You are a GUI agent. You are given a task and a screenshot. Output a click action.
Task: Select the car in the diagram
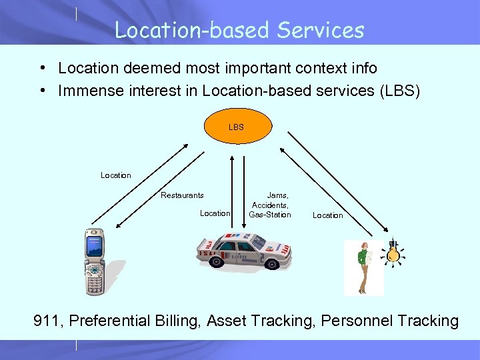[x=244, y=252]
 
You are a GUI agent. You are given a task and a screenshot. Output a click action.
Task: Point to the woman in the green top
[x=364, y=267]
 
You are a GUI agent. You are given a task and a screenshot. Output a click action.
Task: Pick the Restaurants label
[x=182, y=195]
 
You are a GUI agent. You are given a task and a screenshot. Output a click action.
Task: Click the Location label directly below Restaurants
[x=215, y=213]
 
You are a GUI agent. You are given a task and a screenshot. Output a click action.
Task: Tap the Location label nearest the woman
[x=327, y=215]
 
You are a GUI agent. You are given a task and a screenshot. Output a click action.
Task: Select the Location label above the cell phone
[x=116, y=175]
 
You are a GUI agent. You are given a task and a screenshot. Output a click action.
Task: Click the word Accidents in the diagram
[x=269, y=205]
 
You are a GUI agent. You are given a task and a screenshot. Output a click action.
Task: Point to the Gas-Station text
[x=269, y=215]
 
